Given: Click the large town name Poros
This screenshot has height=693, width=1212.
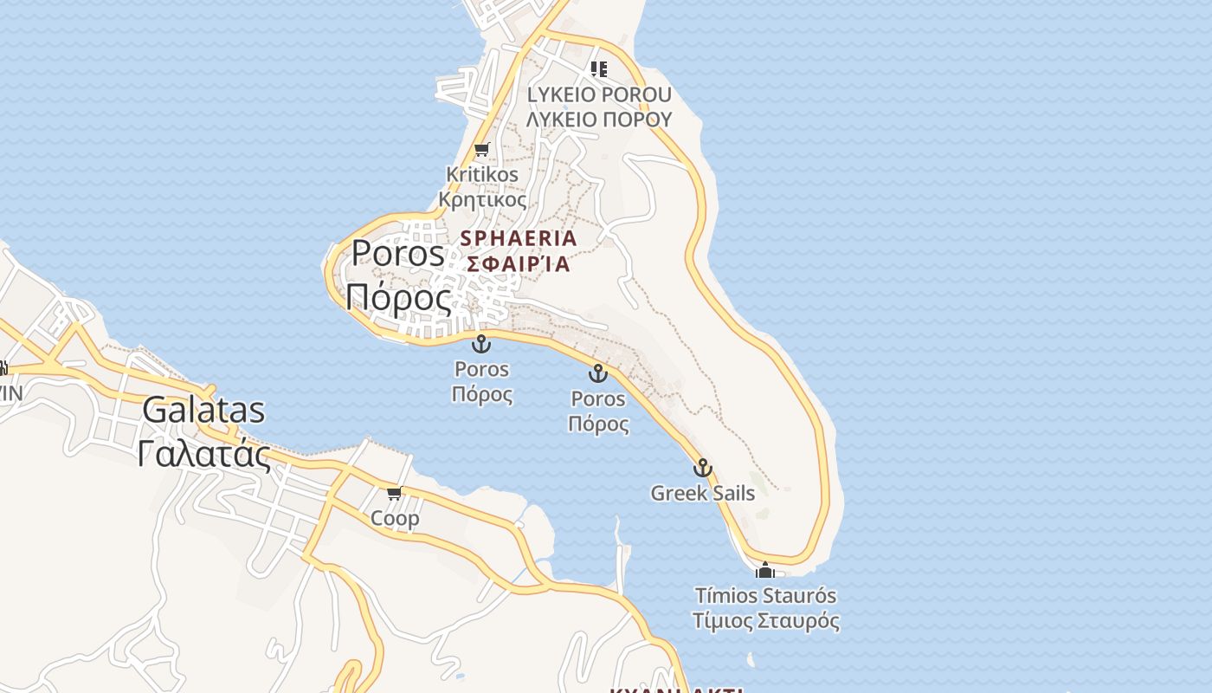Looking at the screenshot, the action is [x=397, y=253].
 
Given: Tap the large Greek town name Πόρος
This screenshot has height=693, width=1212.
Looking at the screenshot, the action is [x=398, y=298].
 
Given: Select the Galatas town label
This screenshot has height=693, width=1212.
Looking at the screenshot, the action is [x=203, y=410].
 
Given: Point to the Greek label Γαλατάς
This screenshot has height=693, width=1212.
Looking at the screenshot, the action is [x=204, y=453].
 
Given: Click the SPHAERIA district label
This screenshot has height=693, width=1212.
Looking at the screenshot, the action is [x=519, y=237].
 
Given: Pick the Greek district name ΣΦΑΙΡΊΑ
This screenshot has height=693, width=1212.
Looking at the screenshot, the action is [x=519, y=263].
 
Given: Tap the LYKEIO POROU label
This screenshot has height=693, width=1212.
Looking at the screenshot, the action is [x=599, y=94].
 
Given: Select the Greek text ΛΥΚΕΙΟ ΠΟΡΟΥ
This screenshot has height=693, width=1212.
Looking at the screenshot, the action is [x=599, y=119].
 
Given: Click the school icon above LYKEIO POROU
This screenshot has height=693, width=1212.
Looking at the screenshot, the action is [x=598, y=68].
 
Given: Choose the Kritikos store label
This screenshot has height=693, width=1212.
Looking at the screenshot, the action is [x=482, y=174].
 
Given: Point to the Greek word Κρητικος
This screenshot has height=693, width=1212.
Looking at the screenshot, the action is [x=482, y=199].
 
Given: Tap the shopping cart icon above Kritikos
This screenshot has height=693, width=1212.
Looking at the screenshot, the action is [x=481, y=149].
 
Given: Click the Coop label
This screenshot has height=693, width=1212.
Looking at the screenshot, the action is [x=395, y=518].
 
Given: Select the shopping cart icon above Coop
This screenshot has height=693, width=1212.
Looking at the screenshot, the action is [x=394, y=494].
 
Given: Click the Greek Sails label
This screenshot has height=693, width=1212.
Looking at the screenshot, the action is [x=703, y=493].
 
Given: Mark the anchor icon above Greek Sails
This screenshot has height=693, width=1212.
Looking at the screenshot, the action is [x=702, y=469].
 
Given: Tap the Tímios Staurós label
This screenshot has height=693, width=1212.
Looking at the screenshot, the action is [x=766, y=596].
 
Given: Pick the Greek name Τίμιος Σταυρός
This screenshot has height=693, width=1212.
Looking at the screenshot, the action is [x=766, y=621].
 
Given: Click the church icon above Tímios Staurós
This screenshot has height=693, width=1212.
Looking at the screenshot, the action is [x=764, y=571].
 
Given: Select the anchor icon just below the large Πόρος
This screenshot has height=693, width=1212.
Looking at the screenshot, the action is [x=481, y=344].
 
